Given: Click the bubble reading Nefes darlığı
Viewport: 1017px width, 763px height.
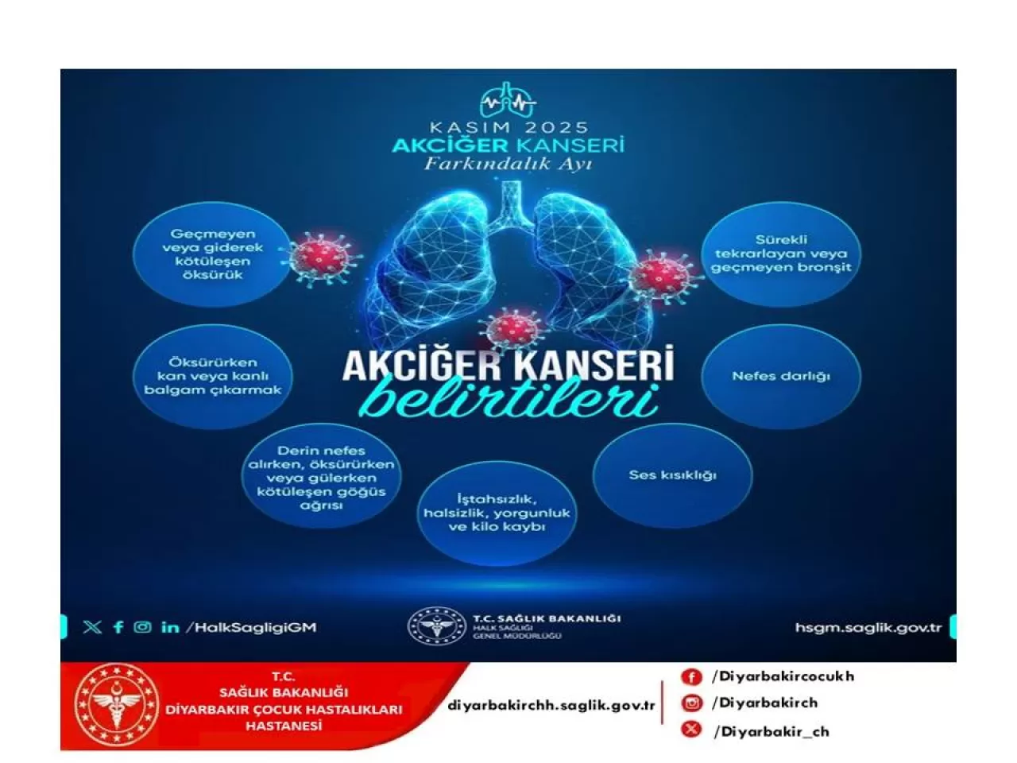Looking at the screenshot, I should coord(780,376).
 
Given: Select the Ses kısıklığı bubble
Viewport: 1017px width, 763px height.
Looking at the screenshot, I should coord(672,475).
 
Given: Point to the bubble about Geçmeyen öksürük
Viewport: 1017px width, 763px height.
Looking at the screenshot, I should coord(212,254).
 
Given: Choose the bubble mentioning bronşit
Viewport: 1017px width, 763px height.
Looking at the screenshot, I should coord(780,254).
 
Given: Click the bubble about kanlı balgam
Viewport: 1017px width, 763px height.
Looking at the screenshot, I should coord(212,376).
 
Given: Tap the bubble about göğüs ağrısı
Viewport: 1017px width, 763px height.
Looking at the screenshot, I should coord(321,478).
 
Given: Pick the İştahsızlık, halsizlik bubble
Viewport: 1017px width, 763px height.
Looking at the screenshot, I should coord(497,513).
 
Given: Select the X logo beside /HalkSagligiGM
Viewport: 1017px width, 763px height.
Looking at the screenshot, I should coord(92,627).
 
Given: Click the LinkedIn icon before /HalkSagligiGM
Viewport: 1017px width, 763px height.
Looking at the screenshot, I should coord(170,627).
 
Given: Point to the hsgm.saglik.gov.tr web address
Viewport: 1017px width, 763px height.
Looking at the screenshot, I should coord(868,628).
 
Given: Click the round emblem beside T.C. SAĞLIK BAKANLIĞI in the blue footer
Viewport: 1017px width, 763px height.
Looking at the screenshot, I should coord(436,626).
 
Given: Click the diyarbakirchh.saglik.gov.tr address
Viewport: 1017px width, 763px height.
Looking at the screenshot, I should coord(551,705).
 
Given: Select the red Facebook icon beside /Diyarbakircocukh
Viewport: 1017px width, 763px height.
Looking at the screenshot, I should coord(691,676).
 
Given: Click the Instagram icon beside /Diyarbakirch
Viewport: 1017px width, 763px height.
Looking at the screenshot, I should coord(692,703).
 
